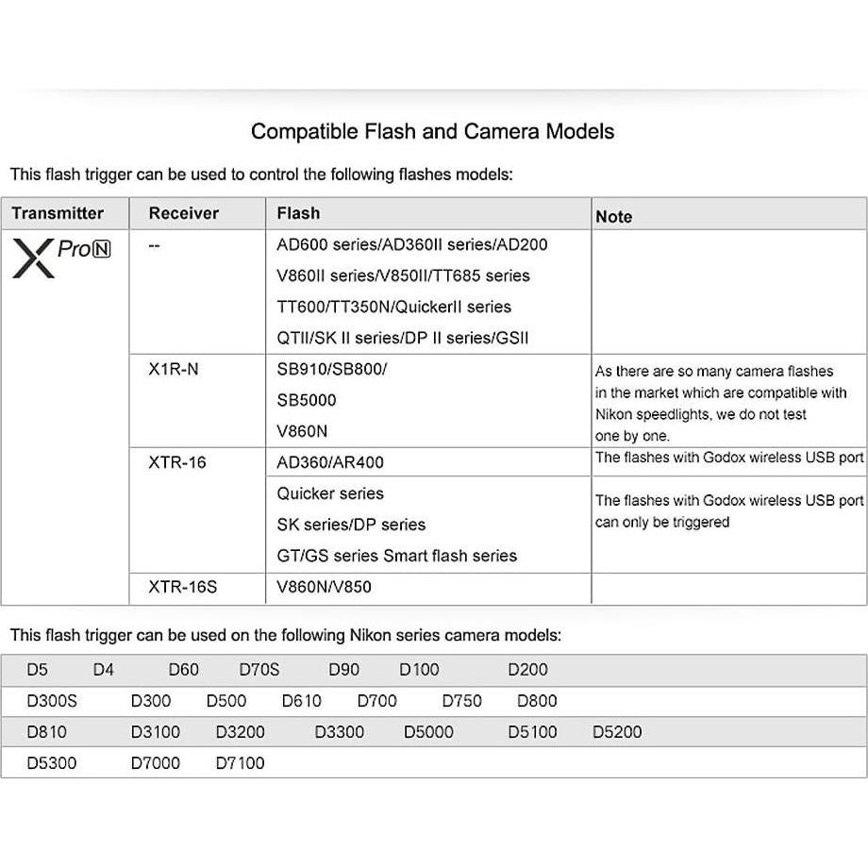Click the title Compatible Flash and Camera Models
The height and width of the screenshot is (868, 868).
click(x=432, y=131)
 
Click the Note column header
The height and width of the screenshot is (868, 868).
click(x=613, y=216)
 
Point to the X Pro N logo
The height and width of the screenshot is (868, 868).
click(x=61, y=257)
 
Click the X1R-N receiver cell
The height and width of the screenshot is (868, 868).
click(x=174, y=369)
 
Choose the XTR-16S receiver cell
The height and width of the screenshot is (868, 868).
click(x=182, y=587)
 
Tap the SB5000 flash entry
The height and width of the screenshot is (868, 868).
click(x=306, y=400)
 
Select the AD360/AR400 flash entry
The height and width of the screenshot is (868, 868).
click(x=329, y=462)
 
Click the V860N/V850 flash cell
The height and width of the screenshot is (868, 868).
click(x=324, y=587)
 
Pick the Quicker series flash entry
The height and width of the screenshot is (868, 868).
click(x=330, y=493)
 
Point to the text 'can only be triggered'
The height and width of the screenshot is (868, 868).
click(x=661, y=522)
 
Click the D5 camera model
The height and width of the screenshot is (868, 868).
click(x=37, y=670)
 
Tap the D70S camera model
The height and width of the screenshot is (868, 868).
click(x=259, y=670)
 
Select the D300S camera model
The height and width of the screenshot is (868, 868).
click(x=52, y=701)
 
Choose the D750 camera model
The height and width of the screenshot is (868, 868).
click(x=461, y=701)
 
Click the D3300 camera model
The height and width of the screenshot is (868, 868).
click(x=339, y=732)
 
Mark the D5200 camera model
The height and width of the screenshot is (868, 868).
click(x=617, y=732)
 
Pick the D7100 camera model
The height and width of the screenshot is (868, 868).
click(x=241, y=763)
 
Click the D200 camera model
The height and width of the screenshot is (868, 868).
click(x=527, y=670)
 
